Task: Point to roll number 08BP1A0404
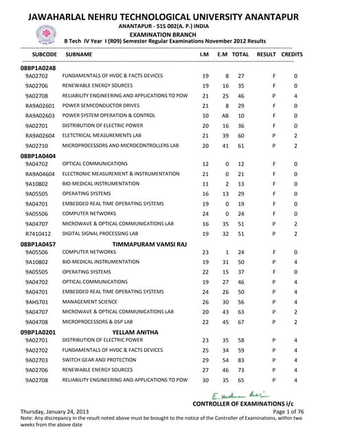(x=38, y=156)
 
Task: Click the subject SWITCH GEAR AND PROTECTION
(x=98, y=360)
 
